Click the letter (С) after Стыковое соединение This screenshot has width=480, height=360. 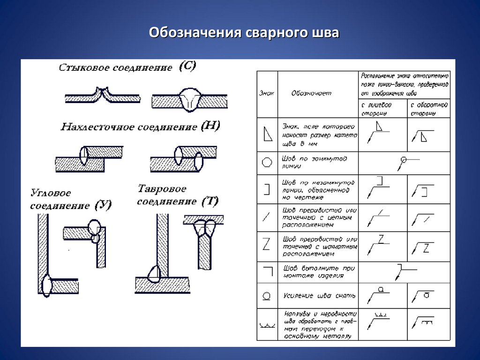click(x=187, y=66)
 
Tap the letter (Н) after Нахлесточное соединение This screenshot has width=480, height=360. click(x=210, y=126)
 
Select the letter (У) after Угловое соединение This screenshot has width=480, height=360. click(x=103, y=205)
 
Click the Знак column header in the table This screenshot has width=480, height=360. click(x=267, y=93)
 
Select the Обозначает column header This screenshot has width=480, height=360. click(x=311, y=93)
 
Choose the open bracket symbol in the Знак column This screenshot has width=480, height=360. click(x=267, y=189)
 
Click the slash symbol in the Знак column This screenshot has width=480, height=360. click(x=267, y=217)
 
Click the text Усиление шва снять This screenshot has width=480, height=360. click(x=319, y=296)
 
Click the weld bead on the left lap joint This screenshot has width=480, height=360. click(x=84, y=156)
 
